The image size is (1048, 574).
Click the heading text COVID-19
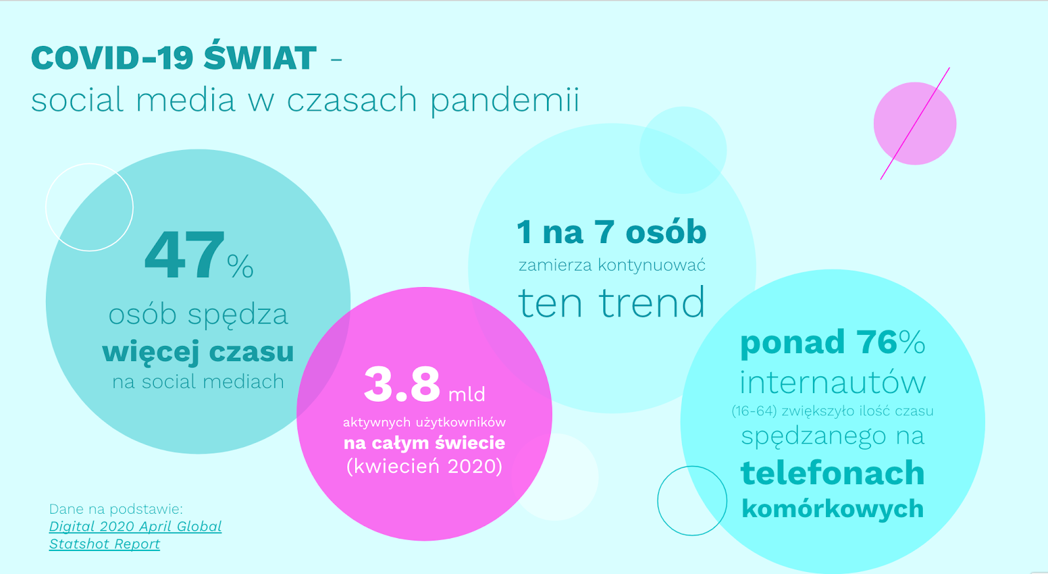click(x=112, y=58)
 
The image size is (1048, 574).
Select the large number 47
click(x=184, y=256)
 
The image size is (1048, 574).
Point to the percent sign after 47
click(x=240, y=267)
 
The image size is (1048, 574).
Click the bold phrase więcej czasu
click(x=198, y=352)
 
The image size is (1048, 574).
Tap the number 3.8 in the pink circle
click(x=402, y=385)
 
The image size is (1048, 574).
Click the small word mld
click(x=466, y=394)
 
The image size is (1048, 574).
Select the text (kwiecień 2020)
click(x=424, y=467)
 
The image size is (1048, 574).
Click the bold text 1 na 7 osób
click(x=612, y=232)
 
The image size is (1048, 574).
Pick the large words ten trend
click(x=612, y=303)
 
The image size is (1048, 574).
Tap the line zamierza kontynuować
click(x=612, y=265)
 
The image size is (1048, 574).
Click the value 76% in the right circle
click(x=891, y=342)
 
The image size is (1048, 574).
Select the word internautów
click(x=833, y=383)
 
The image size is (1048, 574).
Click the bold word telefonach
click(x=833, y=473)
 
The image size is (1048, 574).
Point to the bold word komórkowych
click(x=833, y=509)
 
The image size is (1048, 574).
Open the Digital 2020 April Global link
click(x=135, y=527)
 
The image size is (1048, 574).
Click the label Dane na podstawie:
click(x=116, y=509)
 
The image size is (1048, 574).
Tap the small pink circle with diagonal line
click(x=914, y=124)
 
